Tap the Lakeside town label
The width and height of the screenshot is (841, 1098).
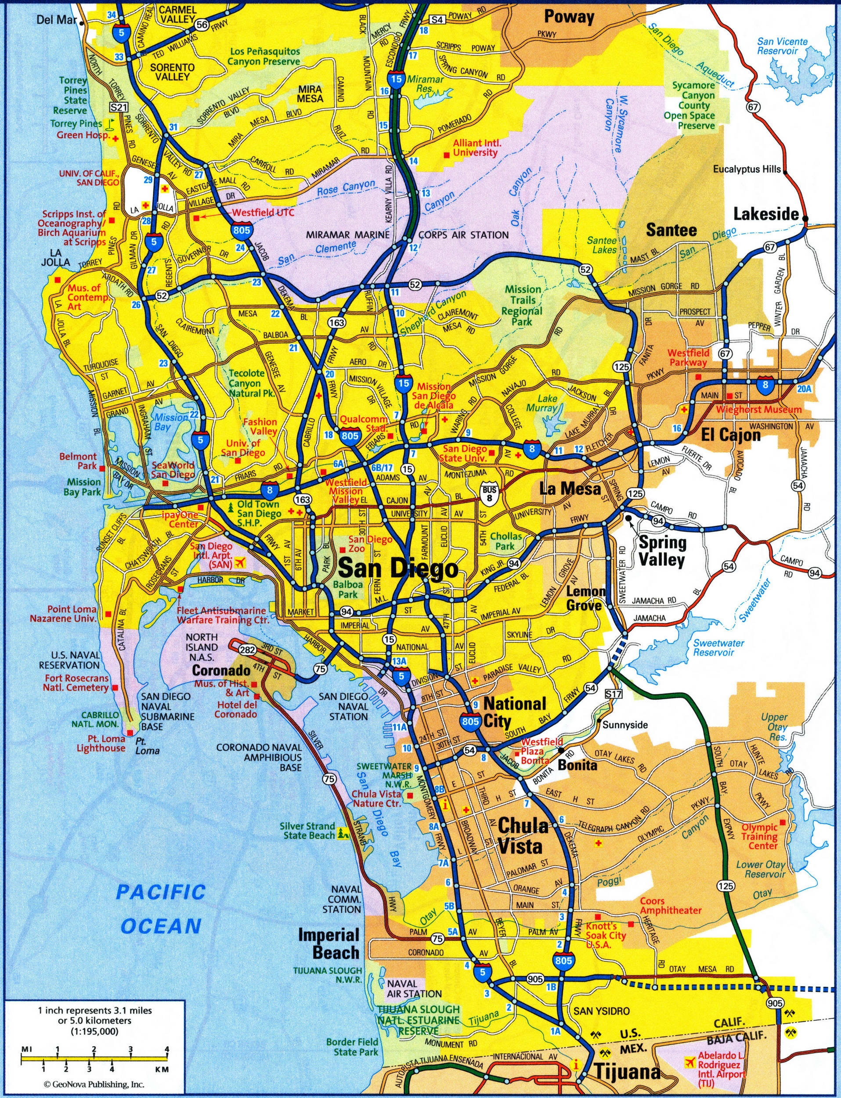pos(766,214)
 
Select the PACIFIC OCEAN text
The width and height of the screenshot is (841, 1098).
pos(161,908)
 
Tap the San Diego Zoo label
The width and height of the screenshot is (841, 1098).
pos(364,544)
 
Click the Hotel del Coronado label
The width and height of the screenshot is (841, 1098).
pos(236,709)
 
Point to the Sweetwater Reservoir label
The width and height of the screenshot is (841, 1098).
pos(718,648)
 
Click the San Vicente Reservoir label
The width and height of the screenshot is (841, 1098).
pos(782,46)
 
